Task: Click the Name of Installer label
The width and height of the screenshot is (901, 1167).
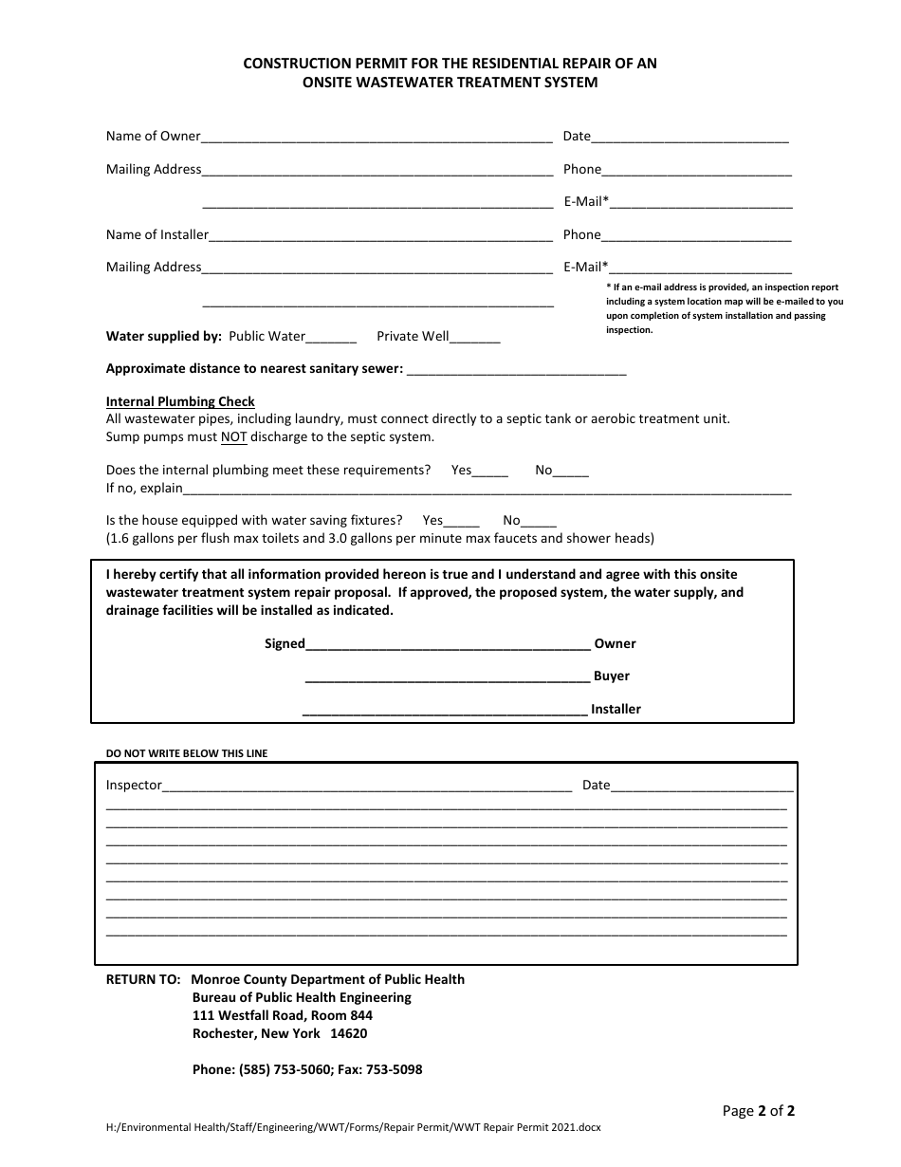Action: pyautogui.click(x=157, y=234)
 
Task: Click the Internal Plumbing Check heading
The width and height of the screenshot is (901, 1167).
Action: pyautogui.click(x=180, y=401)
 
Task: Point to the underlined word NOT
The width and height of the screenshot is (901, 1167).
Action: pyautogui.click(x=234, y=437)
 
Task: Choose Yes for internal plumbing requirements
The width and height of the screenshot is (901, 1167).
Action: pyautogui.click(x=489, y=472)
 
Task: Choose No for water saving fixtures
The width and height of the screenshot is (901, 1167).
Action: pyautogui.click(x=539, y=522)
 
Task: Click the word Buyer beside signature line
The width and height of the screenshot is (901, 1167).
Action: pyautogui.click(x=612, y=676)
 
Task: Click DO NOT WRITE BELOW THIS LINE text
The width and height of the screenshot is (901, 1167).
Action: pyautogui.click(x=187, y=753)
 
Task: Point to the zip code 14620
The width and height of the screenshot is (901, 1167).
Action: pyautogui.click(x=348, y=1033)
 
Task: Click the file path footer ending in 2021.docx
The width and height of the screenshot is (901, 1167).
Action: pyautogui.click(x=354, y=1128)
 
